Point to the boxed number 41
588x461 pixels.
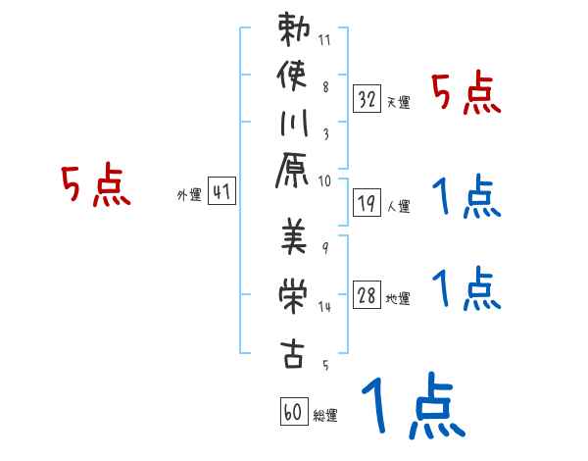(221, 192)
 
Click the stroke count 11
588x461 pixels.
(325, 40)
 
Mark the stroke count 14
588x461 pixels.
(325, 307)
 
